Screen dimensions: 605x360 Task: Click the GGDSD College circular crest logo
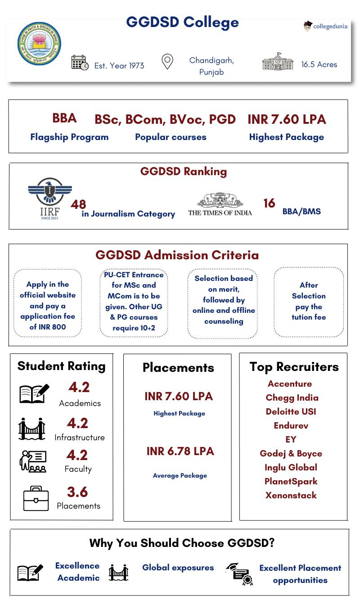[39, 44]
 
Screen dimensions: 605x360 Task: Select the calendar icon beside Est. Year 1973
[80, 63]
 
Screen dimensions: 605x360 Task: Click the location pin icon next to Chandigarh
[167, 62]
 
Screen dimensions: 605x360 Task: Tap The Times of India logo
[220, 205]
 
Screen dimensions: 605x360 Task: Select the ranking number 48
[78, 204]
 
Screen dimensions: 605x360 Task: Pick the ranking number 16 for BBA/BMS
[269, 203]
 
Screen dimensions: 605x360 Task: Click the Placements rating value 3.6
[77, 492]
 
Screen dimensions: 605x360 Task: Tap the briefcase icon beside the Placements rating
[36, 498]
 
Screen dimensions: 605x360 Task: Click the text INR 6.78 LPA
[180, 451]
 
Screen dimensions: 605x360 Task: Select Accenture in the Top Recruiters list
[290, 384]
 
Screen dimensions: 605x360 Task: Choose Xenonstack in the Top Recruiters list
[291, 495]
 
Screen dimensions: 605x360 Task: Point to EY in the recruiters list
[291, 439]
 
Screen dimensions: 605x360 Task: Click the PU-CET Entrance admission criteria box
[134, 301]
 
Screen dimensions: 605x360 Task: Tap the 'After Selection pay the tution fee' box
[309, 301]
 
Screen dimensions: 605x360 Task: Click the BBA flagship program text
[64, 118]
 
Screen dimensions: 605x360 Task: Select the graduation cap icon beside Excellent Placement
[239, 574]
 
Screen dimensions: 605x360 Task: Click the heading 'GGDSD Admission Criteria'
[177, 255]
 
